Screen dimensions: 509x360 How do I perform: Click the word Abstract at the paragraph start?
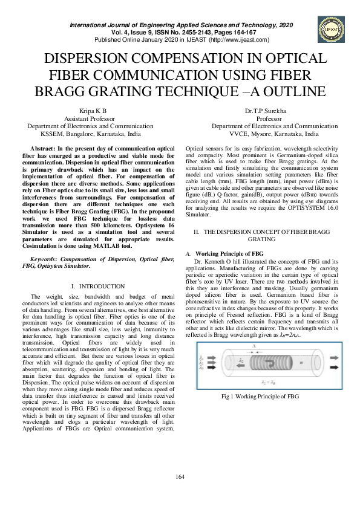[x=43, y=149]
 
